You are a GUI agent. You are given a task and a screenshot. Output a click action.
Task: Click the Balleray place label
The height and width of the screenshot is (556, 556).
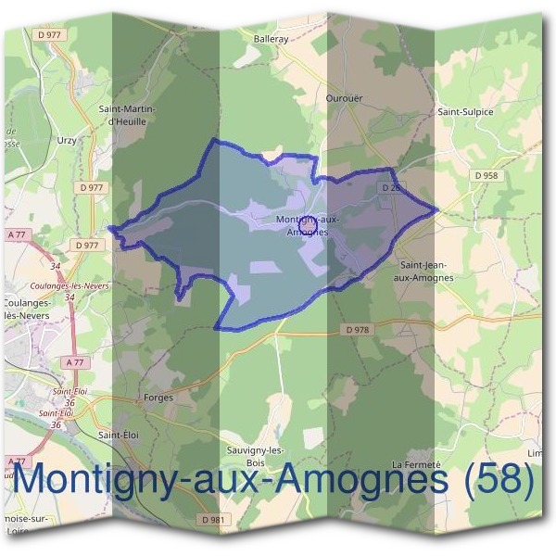(x=272, y=40)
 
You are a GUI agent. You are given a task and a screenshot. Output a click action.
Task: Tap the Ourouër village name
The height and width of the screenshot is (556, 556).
(x=343, y=96)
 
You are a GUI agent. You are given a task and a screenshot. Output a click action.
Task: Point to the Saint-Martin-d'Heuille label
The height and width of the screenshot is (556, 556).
(x=128, y=115)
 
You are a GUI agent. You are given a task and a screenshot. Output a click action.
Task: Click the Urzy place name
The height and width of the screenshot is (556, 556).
(x=68, y=140)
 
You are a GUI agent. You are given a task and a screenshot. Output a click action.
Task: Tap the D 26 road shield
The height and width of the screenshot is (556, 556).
(x=391, y=188)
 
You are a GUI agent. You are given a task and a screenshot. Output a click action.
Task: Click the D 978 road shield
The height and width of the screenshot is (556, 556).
(x=358, y=329)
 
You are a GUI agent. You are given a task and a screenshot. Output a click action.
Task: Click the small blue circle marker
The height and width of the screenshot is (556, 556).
(x=310, y=225)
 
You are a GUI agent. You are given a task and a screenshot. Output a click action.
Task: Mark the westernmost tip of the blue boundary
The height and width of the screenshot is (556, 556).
(x=109, y=227)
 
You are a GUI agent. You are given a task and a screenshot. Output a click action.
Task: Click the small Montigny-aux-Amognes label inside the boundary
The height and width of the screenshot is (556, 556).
(x=309, y=224)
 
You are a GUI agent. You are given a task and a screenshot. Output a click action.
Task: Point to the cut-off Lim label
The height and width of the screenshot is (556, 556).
(x=534, y=453)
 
